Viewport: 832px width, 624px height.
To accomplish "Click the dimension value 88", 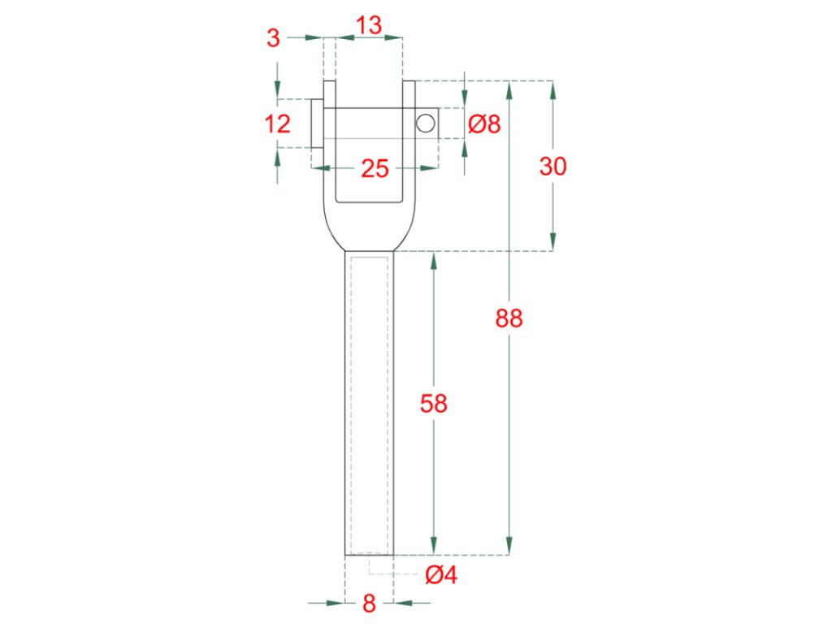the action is point(509,318).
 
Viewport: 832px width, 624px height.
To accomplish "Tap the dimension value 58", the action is point(434,404).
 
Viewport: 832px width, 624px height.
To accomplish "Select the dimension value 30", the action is point(552,167).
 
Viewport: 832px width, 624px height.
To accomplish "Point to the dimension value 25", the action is point(375,169).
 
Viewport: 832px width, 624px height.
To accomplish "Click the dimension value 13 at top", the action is point(368,25).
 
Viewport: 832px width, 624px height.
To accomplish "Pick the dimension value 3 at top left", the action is point(274,37).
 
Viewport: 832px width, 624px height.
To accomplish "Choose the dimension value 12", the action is point(278,124).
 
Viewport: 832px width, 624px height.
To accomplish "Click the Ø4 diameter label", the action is point(441,575).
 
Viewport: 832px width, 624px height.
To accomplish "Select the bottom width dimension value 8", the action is point(370,604).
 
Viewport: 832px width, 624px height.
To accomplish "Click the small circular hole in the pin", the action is point(425,123).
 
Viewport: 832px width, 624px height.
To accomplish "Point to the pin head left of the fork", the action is point(317,123).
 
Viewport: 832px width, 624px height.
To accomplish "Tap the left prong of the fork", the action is point(330,162).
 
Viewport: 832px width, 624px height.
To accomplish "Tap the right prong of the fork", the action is point(410,162).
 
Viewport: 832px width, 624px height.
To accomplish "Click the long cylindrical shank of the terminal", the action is point(369,406).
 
